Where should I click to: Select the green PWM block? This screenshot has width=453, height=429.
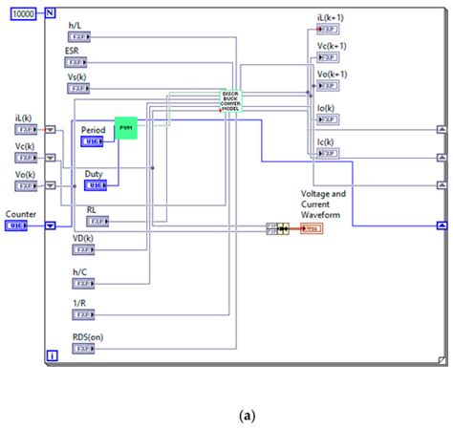pos(126,128)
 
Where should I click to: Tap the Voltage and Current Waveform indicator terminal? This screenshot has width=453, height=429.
pos(311,229)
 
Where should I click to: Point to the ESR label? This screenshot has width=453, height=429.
pos(73,50)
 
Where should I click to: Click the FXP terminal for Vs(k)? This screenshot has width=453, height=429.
pos(77,88)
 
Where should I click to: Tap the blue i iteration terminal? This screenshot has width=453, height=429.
pos(52,356)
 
